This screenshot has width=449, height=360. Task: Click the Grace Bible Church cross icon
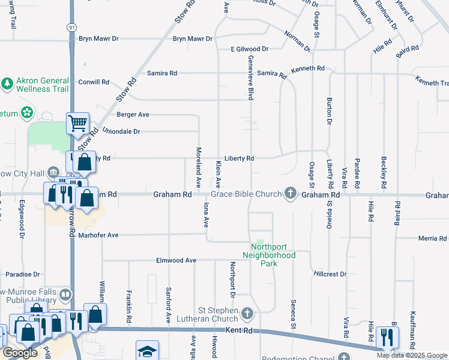click(x=291, y=193)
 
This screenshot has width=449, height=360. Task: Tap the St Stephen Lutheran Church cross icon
click(x=247, y=314)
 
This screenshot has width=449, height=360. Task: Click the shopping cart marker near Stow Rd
click(x=77, y=124)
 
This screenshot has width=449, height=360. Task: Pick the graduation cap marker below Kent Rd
click(x=147, y=352)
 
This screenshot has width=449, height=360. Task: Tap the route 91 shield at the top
click(x=71, y=44)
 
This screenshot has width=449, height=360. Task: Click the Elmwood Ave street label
click(x=176, y=260)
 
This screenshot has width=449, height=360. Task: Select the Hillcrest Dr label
click(x=330, y=274)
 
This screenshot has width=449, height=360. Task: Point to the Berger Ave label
click(x=133, y=114)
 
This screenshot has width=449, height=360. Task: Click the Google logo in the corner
click(x=20, y=353)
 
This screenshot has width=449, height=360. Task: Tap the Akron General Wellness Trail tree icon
click(x=7, y=83)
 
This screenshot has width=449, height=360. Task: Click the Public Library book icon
click(x=65, y=295)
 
